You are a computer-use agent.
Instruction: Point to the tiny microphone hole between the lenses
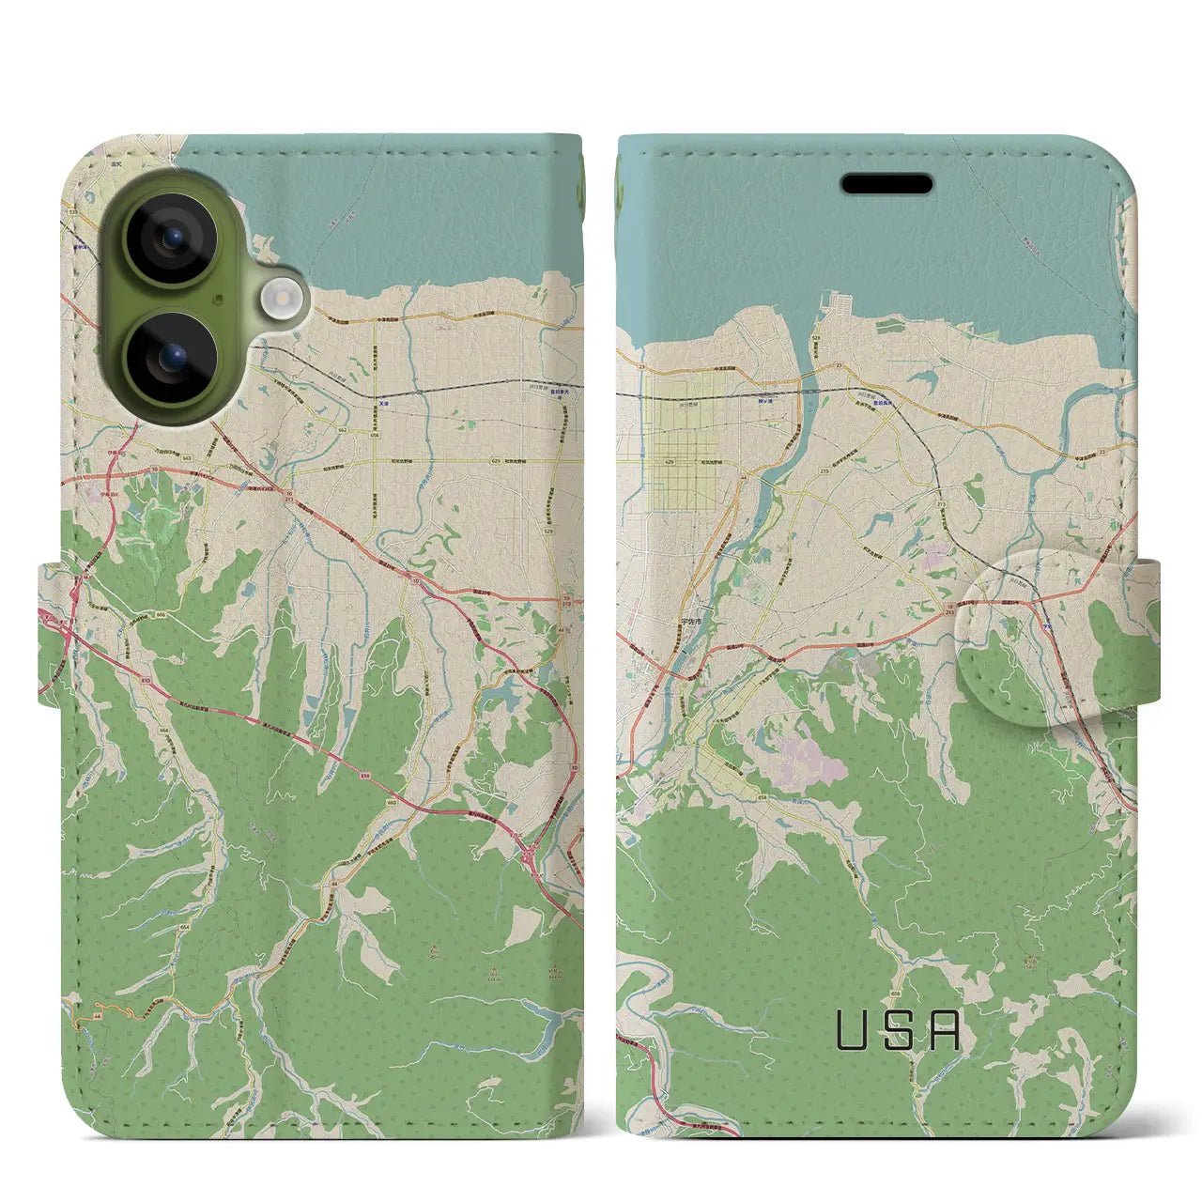pos(218,299)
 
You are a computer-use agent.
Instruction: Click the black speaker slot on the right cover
pos(887,184)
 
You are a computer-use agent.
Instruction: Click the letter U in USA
pos(852,1030)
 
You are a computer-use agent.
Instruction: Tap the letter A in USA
pos(947,1030)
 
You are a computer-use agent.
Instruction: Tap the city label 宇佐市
pos(691,621)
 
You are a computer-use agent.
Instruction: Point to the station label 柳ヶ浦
pos(765,397)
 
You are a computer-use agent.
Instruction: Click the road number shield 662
pos(344,429)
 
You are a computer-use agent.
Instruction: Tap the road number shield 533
pos(73,214)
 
